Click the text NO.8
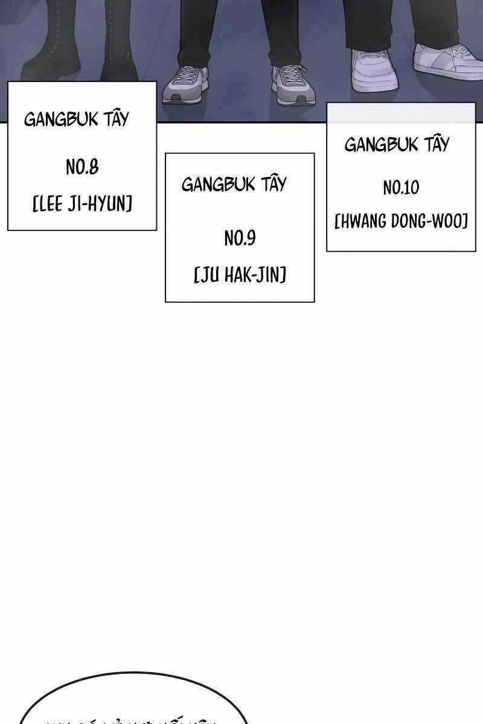click(x=82, y=167)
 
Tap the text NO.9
click(x=240, y=239)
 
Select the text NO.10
click(x=400, y=188)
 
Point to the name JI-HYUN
click(x=103, y=204)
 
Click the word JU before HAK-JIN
click(x=209, y=276)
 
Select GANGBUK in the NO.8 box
click(x=60, y=119)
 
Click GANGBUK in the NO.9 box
click(x=218, y=184)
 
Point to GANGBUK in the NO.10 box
click(x=381, y=145)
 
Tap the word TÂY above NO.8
click(x=116, y=118)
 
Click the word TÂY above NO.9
click(x=273, y=183)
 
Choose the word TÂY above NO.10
click(x=437, y=144)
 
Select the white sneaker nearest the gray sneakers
click(x=374, y=71)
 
